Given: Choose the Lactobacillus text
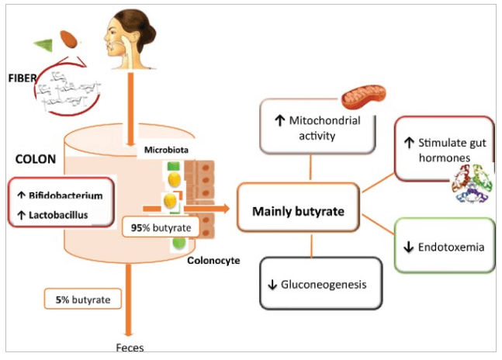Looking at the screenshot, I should pyautogui.click(x=61, y=212).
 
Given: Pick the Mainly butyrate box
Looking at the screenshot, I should pyautogui.click(x=299, y=209).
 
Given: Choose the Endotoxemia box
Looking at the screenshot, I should pyautogui.click(x=445, y=247).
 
